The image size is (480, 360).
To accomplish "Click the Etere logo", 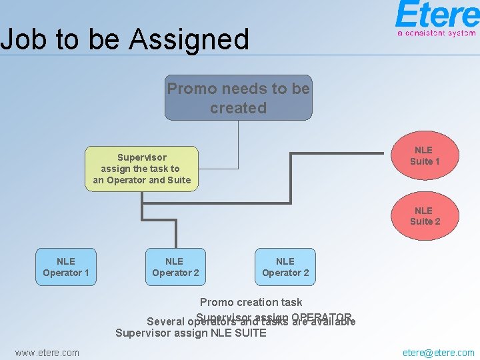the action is pos(436,15).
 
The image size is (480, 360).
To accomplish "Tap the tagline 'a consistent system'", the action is pos(436,32).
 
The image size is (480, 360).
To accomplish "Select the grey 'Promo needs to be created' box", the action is pos(238,97).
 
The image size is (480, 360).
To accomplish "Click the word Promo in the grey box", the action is pos(192,89).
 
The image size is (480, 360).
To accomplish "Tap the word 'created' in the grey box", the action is pos(238,108).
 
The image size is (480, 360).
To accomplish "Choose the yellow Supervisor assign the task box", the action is pos(142,169).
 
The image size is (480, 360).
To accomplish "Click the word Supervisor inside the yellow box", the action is pos(142,158).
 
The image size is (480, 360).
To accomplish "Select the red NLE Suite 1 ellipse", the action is pos(425,156).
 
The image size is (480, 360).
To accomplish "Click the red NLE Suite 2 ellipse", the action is pos(425,216).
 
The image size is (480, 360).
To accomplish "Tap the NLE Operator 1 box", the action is pos(66,267).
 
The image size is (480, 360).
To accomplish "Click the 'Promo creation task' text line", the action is pos(251,302).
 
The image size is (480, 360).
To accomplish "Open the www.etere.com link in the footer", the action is pos(47,353).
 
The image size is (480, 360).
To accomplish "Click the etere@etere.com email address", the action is pos(439,353).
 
